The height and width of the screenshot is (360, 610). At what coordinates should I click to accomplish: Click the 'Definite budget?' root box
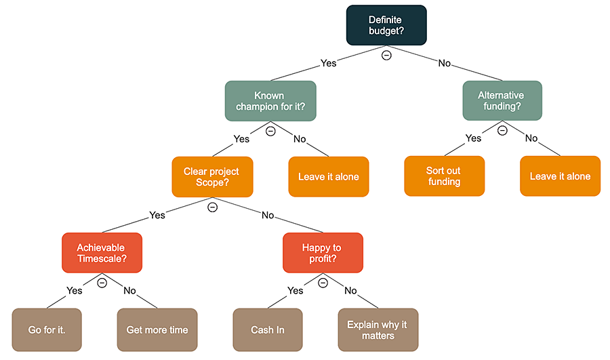coord(386,26)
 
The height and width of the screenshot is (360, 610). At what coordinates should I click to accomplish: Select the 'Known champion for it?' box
coord(270,101)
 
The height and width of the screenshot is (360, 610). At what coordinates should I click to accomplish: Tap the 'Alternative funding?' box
coord(502,101)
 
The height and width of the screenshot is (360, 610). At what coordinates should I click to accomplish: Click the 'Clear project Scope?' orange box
coord(213,176)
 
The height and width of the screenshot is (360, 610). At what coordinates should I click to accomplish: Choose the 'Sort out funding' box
coord(444,176)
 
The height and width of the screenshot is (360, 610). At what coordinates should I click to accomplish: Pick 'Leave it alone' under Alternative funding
coord(560,176)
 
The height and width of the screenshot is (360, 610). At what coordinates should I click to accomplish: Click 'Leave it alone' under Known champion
coord(329,176)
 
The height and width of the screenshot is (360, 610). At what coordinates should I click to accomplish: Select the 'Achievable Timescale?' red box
coord(102,253)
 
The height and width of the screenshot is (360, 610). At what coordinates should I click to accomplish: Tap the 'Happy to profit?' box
coord(323,253)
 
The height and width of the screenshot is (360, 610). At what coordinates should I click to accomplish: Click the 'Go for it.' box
coord(47,330)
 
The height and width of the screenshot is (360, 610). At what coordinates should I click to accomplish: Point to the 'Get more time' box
coord(157,330)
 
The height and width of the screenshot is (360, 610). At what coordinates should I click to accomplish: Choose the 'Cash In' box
coord(268,330)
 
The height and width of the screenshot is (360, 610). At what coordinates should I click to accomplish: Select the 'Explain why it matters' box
coord(378,330)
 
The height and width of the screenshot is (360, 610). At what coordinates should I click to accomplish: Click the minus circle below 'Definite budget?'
coord(386,55)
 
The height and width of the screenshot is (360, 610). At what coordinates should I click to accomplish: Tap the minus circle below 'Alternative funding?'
coord(502,131)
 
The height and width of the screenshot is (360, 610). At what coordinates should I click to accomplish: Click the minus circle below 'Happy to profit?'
coord(323,283)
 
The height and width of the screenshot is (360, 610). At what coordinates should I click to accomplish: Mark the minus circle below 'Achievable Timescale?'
coord(102,283)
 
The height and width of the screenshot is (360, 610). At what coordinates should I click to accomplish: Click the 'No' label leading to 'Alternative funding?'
coord(444,63)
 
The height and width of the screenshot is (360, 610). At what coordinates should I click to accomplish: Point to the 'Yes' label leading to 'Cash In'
coord(296,291)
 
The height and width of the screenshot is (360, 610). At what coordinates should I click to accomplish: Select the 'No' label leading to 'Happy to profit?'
coord(268,216)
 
